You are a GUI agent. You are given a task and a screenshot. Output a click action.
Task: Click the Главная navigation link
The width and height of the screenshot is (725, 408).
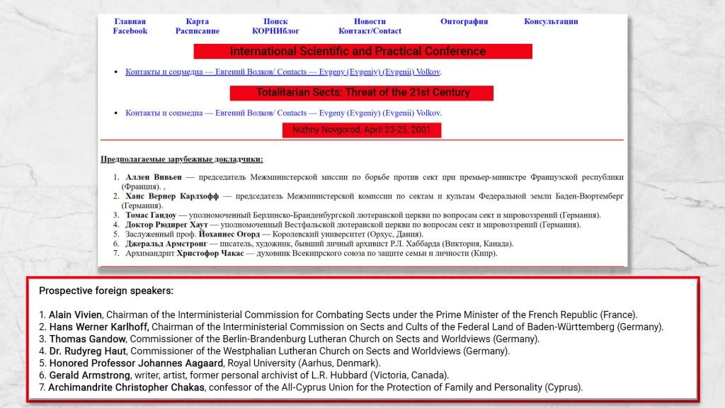coord(130,21)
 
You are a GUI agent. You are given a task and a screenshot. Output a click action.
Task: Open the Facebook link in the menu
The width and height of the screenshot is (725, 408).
coord(130,31)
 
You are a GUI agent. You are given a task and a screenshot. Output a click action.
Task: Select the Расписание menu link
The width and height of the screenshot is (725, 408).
coord(197,31)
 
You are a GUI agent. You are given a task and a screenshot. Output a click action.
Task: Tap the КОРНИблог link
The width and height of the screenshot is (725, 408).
coord(275,31)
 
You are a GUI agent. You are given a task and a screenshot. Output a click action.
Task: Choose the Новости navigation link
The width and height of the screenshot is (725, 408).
coord(370,21)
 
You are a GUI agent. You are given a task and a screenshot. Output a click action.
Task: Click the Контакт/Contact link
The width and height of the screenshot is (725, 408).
coord(370,31)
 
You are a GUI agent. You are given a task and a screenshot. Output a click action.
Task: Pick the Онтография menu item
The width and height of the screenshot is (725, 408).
coord(464,21)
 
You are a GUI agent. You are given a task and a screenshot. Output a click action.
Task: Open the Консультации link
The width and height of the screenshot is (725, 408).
coord(551,21)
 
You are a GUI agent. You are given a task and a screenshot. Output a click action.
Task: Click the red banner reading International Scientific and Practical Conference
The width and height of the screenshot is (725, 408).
coord(362,52)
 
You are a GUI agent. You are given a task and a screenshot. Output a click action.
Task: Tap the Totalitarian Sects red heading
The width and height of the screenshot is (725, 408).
coord(362,93)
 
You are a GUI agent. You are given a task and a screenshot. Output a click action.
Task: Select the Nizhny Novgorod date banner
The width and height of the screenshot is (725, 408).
coord(362,130)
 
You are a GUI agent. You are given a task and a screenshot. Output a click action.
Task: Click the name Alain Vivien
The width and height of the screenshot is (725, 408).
coord(76,314)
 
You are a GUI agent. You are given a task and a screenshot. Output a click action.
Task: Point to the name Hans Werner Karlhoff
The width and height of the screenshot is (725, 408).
coord(98,327)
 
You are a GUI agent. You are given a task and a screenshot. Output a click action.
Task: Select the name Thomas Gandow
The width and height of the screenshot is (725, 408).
coord(88,339)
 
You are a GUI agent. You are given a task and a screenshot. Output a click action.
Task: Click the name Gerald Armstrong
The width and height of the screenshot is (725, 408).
coord(90,375)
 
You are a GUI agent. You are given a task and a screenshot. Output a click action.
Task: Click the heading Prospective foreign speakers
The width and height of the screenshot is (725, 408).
coord(105,291)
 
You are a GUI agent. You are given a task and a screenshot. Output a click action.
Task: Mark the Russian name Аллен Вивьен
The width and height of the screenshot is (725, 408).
coord(154,177)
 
